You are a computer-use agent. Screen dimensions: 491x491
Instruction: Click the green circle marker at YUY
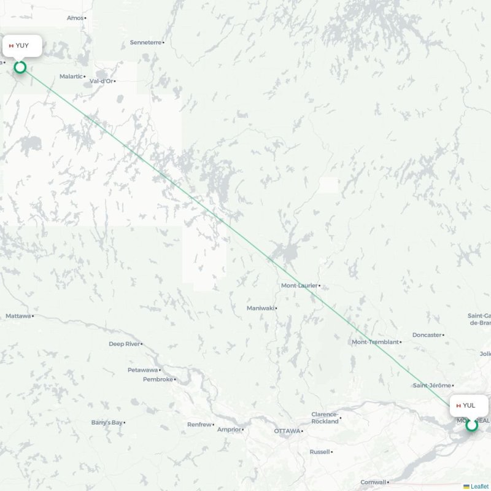tap(20, 67)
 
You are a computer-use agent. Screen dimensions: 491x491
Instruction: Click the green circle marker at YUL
tap(471, 425)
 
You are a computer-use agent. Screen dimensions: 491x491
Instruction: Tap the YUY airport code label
tap(22, 45)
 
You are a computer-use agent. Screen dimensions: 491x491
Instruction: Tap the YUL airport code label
tap(469, 405)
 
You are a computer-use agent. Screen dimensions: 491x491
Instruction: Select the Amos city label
tap(75, 18)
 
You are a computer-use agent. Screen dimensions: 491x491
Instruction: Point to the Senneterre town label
tap(145, 42)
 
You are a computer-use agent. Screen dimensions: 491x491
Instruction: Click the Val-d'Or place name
tap(101, 81)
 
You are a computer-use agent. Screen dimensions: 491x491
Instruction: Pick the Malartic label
tap(71, 76)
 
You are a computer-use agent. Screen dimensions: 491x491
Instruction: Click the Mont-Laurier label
tap(299, 285)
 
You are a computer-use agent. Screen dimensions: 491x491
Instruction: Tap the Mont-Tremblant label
tap(374, 342)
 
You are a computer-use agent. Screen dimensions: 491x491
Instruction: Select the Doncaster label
tap(427, 335)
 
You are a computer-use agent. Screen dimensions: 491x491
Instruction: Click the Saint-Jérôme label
tap(431, 385)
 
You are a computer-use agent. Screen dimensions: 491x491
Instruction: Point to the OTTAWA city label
tap(287, 431)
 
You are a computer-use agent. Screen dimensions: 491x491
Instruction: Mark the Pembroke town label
tap(158, 379)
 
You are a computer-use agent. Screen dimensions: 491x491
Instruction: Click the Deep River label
tap(125, 344)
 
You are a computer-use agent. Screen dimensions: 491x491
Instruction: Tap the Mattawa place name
tap(18, 316)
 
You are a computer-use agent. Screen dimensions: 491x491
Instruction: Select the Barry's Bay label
tap(107, 422)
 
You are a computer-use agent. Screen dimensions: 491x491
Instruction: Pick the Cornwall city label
tap(373, 482)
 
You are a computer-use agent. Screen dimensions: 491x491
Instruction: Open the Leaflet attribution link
tap(479, 486)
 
